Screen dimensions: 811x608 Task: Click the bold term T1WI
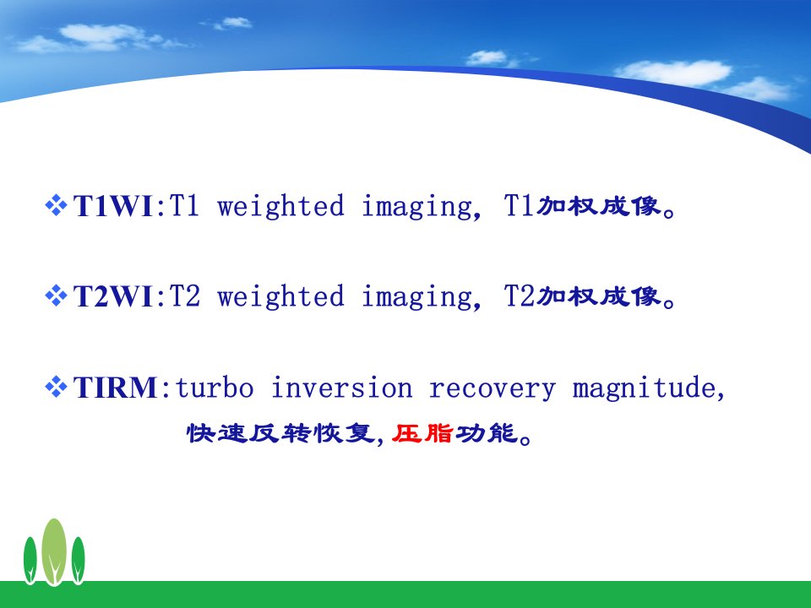[112, 206]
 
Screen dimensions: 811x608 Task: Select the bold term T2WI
[112, 296]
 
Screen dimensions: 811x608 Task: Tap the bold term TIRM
[116, 388]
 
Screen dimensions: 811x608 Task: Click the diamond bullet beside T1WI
[56, 204]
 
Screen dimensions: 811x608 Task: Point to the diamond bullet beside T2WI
[56, 296]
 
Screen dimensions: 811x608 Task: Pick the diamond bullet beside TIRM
[56, 386]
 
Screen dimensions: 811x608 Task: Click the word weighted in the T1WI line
[280, 206]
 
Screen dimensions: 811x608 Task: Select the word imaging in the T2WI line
[418, 297]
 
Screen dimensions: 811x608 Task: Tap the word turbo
[215, 388]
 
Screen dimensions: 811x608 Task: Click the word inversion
[342, 388]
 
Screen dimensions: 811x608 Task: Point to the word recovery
[493, 388]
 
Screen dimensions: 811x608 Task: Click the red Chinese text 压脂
[422, 432]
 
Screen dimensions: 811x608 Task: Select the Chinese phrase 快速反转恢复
[280, 432]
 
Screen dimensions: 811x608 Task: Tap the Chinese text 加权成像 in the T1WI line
[599, 206]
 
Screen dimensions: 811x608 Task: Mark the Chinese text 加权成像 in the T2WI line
[599, 296]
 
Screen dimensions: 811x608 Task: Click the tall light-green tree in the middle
[54, 551]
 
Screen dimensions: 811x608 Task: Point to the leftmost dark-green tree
[30, 561]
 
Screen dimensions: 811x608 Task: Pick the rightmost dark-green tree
[78, 561]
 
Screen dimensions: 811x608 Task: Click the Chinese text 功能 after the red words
[487, 432]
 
